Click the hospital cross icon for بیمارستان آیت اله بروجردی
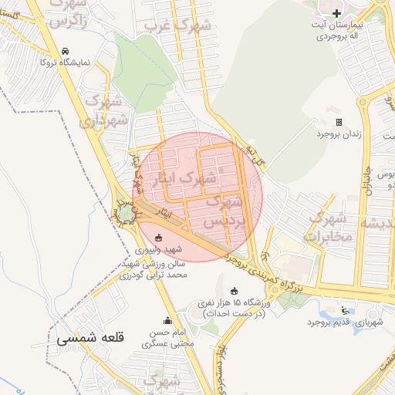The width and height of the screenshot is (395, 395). pyautogui.click(x=336, y=13)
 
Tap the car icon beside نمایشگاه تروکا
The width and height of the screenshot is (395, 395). pyautogui.click(x=65, y=52)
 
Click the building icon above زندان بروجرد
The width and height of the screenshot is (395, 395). pyautogui.click(x=339, y=122)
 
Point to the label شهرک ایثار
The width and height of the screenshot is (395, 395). pyautogui.click(x=170, y=177)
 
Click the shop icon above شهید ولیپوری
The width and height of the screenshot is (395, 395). pyautogui.click(x=159, y=237)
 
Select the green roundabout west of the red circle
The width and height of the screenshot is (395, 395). pyautogui.click(x=125, y=212)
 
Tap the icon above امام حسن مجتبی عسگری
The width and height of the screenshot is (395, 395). pyautogui.click(x=167, y=320)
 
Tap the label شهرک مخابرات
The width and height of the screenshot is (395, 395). pyautogui.click(x=331, y=228)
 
